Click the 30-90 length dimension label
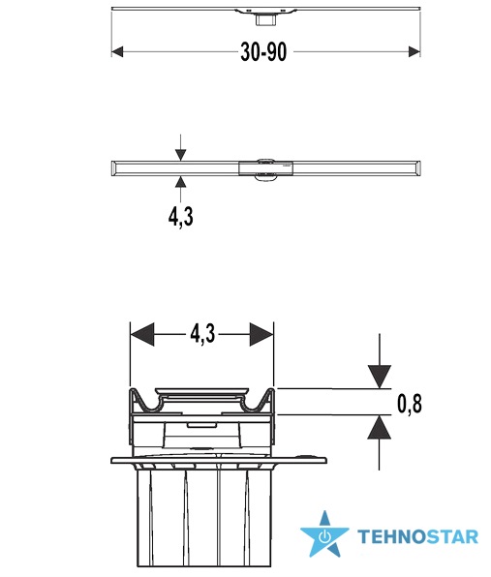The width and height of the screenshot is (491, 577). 263,52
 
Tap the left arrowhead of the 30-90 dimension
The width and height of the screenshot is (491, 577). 117,52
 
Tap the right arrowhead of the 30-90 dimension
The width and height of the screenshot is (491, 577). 414,52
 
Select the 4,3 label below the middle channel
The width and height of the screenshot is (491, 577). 181,217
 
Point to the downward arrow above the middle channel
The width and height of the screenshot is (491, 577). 180,147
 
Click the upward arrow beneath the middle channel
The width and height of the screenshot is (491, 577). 180,189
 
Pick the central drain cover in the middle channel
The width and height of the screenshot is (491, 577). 265,168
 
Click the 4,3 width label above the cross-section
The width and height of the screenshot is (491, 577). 202,335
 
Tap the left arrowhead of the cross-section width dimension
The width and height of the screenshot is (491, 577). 142,335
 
